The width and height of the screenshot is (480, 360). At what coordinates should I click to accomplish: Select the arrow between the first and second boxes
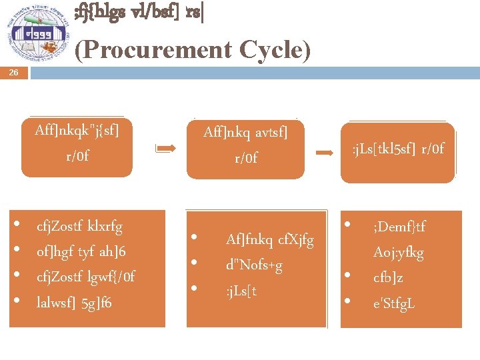[167, 149]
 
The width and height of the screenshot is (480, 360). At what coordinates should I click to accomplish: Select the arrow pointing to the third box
[324, 153]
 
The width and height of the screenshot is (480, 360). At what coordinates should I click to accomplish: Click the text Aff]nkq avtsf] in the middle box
[245, 133]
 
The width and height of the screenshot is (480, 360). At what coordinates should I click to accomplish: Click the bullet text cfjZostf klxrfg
[79, 227]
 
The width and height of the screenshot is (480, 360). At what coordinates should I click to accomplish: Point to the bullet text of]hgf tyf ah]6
[81, 251]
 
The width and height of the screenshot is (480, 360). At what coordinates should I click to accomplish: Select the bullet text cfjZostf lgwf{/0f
[85, 277]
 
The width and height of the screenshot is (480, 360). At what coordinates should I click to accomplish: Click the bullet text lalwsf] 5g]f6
[74, 303]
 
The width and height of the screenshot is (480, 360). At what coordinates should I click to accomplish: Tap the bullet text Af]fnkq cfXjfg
[269, 239]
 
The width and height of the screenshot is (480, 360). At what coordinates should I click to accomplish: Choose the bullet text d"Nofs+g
[254, 265]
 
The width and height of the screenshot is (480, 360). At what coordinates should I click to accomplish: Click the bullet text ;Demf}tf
[399, 227]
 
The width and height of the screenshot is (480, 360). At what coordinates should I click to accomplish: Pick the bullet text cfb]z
[388, 278]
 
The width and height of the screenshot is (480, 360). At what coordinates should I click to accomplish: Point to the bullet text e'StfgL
[394, 303]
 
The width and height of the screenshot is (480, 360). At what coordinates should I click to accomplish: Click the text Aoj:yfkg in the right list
[398, 253]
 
